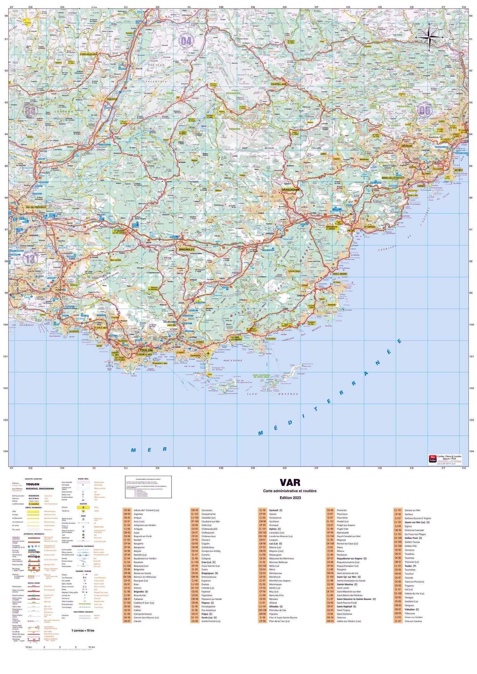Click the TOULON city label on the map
coord(146,350)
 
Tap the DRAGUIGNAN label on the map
coord(290,189)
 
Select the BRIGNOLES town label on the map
coord(186,249)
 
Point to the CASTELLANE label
coord(279,84)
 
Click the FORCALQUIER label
coord(89,54)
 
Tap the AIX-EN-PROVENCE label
coord(36,207)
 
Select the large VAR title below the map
coord(290,483)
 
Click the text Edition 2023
coord(290,498)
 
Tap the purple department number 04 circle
coord(186,41)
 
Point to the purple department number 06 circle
coord(425,110)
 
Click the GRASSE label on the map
coord(406,146)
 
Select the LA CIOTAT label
coord(74,331)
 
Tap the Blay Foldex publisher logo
coord(433,459)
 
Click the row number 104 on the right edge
coord(471,451)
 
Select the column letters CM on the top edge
coord(221,7)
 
